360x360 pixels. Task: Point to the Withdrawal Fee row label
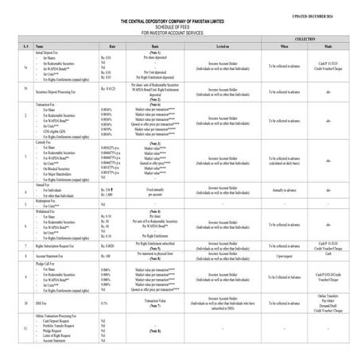pos(47,211)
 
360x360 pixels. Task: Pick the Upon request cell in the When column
pos(285,255)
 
